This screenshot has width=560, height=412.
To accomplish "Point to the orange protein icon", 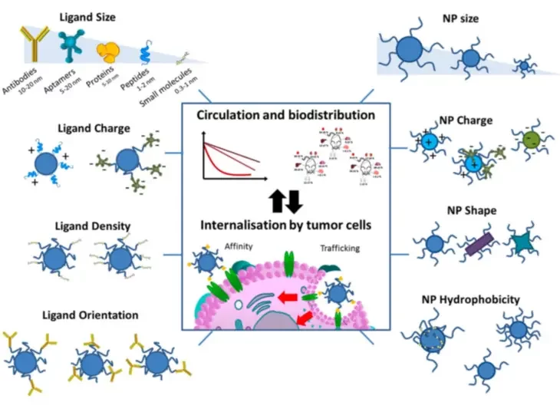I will coord(108,51).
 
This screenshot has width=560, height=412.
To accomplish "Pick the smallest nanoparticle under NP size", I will coord(525,67).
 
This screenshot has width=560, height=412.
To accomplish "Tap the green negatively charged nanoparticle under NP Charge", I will coord(531,140).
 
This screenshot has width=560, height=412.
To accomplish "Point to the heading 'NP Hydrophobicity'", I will coord(471,299).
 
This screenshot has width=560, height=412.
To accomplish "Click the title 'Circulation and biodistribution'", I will coord(285,115).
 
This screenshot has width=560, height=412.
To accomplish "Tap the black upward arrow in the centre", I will coord(277,201).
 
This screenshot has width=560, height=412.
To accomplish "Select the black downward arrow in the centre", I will coord(295,201).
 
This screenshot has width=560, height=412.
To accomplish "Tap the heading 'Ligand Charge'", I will coord(93,127).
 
